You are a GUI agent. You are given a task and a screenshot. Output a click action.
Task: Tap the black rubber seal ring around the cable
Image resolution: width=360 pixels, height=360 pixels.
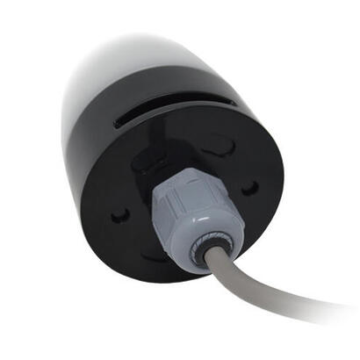[x=208, y=250]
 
